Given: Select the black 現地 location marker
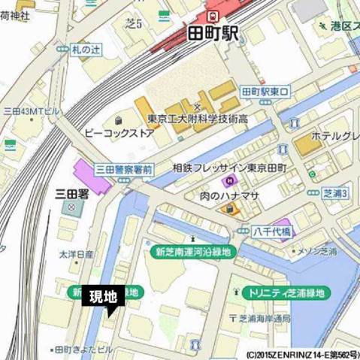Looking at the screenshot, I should click(x=102, y=298).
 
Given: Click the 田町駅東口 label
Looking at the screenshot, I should click(x=270, y=92).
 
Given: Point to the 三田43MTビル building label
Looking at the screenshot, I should click(x=30, y=110).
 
